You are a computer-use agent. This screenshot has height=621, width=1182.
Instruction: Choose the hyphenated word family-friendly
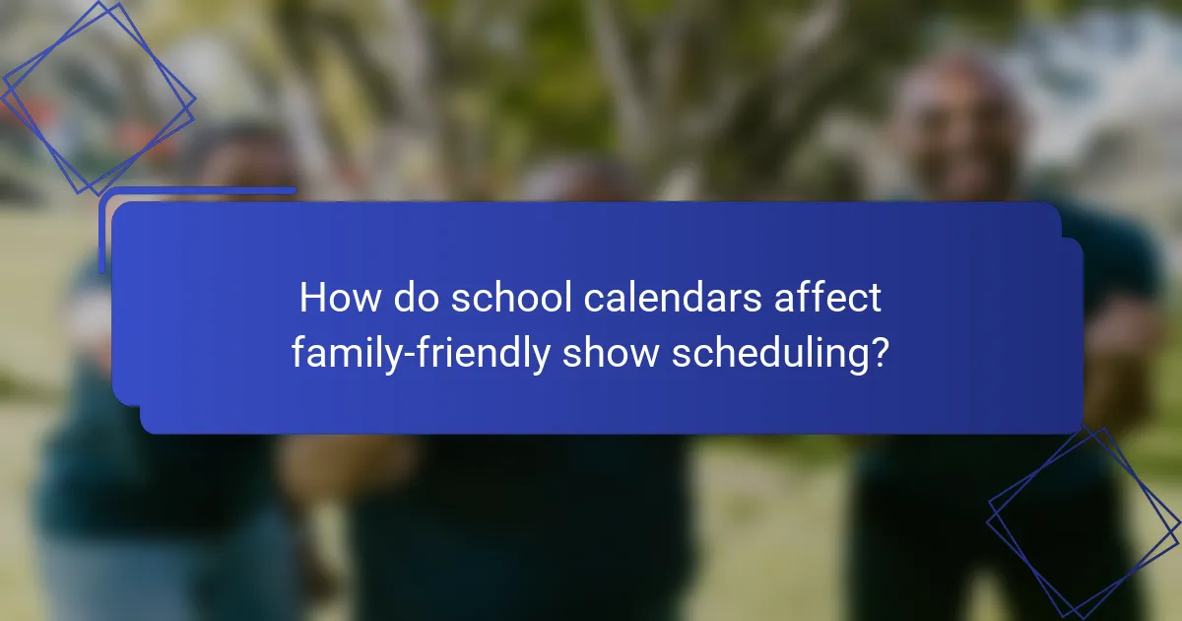click(x=420, y=352)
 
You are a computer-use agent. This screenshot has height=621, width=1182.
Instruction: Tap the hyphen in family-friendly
click(x=400, y=355)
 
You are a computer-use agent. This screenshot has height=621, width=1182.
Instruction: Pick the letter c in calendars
click(x=593, y=300)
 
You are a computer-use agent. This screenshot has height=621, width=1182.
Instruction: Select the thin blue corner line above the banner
click(x=197, y=190)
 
